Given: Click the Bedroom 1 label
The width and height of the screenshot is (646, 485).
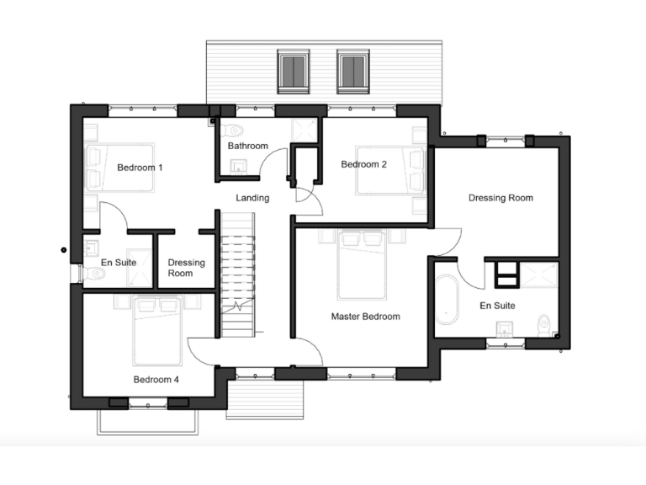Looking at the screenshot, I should tap(140, 168).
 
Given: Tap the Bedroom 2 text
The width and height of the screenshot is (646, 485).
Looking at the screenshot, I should tap(363, 164).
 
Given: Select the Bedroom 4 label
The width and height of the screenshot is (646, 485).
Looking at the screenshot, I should tap(155, 379).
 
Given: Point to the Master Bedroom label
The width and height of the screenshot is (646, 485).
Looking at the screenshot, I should tap(365, 317).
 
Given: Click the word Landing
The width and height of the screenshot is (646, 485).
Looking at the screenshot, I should tap(252, 199).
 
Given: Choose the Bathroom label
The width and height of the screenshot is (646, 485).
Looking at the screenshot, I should tap(248, 146).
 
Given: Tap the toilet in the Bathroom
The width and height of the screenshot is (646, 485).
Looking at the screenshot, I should tap(235, 130).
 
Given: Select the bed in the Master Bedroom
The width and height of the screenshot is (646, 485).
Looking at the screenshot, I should tap(363, 264).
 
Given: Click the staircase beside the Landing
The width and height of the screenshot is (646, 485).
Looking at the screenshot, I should tap(237, 274).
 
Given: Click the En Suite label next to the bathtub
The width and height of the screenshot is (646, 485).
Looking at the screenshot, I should tap(497, 306).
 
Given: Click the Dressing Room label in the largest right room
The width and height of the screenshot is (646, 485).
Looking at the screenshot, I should tap(500, 198).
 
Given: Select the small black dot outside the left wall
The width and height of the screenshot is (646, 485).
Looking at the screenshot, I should tap(63, 249).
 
